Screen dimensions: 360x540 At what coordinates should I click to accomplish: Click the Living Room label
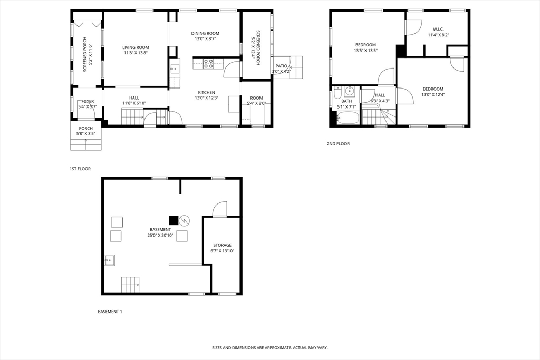136,47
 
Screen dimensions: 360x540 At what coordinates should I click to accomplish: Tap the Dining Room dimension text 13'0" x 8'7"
205,39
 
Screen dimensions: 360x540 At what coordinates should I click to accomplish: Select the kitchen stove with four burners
208,64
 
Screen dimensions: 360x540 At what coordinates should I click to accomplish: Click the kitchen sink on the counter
175,69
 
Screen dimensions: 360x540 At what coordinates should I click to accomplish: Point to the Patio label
281,66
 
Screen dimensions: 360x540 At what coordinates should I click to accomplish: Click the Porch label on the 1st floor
86,129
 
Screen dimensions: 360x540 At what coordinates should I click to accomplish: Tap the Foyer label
88,101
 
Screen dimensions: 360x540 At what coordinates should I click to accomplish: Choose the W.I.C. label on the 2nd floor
439,29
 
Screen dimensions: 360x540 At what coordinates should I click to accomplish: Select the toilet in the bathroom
337,91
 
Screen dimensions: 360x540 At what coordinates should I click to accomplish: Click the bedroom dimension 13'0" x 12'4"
432,95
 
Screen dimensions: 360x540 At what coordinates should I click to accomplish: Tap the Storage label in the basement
222,245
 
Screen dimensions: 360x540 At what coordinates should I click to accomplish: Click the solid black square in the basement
173,220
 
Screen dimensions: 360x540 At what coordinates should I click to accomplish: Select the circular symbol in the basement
184,220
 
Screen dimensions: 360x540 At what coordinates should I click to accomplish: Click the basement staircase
131,285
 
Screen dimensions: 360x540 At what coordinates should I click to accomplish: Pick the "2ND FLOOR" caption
338,144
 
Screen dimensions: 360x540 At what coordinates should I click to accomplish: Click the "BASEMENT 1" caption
110,312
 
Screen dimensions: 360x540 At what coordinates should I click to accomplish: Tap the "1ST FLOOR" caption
80,169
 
